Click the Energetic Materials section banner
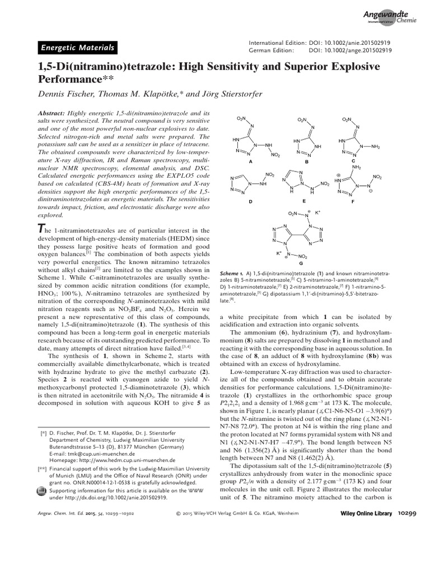click(x=77, y=48)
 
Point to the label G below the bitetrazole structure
click(x=301, y=262)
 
